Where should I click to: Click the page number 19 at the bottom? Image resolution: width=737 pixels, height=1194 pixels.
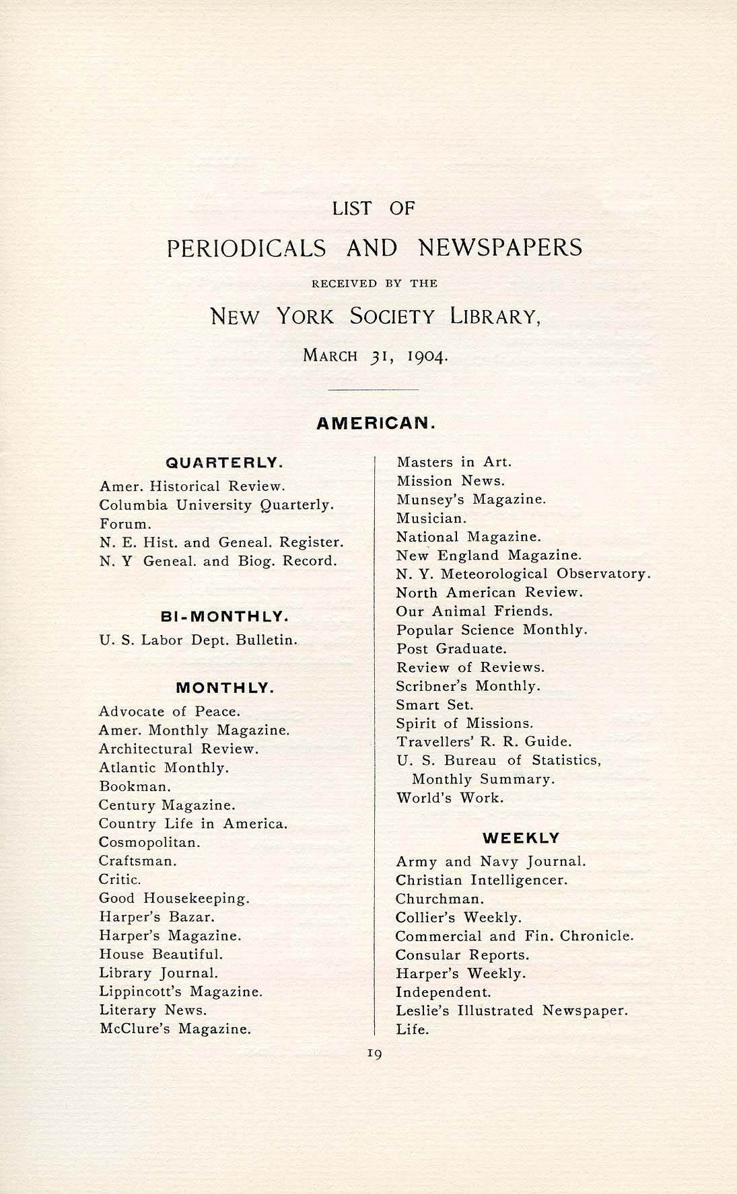tap(375, 1054)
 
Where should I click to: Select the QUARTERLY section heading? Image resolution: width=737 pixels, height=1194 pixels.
tap(224, 463)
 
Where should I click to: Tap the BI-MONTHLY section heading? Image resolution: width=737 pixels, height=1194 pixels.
tap(225, 616)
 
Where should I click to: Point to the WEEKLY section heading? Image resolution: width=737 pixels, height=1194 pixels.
tap(521, 838)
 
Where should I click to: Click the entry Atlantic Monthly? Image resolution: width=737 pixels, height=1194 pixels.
tap(164, 768)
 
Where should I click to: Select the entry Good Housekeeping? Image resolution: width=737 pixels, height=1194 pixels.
tap(174, 898)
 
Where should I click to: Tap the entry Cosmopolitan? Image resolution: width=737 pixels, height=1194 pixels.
tap(149, 842)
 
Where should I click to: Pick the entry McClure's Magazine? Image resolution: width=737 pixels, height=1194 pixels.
tap(174, 1029)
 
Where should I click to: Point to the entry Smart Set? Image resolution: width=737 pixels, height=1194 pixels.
tap(434, 705)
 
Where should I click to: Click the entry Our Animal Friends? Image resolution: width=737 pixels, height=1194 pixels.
tap(474, 611)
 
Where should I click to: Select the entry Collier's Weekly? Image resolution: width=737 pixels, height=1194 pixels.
tap(458, 918)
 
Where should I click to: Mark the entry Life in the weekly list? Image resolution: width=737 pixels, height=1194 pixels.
tap(412, 1029)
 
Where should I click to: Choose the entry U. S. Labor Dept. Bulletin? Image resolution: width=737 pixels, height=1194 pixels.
tap(198, 640)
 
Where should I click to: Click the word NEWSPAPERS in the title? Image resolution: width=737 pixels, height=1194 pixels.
tap(500, 248)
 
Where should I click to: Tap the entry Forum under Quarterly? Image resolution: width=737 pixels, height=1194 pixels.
tap(125, 524)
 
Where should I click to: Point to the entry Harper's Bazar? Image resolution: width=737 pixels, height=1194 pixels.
tap(157, 917)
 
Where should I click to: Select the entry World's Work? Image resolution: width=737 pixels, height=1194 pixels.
tap(450, 798)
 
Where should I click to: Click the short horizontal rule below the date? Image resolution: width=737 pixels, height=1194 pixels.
tap(374, 389)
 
